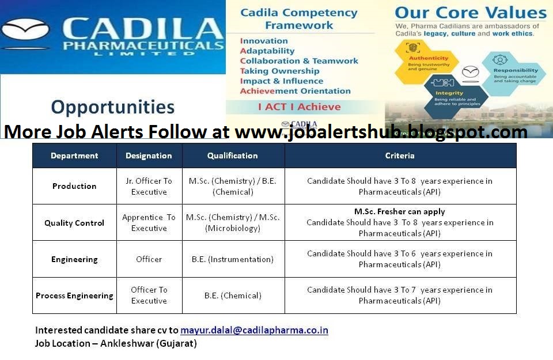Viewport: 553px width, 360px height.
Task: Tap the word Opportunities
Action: [112, 107]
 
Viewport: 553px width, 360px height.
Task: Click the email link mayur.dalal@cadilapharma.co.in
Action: [254, 330]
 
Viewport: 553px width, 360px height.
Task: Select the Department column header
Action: [74, 156]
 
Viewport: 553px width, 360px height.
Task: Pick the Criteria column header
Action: [400, 156]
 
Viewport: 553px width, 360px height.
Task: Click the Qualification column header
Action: [233, 156]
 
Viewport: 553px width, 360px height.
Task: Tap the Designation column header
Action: [149, 156]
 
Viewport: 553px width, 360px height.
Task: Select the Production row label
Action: [74, 186]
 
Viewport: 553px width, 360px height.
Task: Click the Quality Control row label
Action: [74, 223]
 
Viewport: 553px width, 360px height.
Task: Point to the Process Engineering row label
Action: [74, 295]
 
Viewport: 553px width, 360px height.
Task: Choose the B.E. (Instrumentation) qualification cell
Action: [233, 259]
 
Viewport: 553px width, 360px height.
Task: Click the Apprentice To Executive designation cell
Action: [149, 223]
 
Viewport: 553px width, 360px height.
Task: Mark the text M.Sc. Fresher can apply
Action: [400, 212]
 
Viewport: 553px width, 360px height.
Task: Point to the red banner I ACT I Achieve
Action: [299, 107]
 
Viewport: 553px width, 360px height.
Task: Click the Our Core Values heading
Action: [470, 13]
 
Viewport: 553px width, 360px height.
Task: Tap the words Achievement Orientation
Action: [295, 91]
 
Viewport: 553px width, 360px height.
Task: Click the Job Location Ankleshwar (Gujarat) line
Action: [116, 343]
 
